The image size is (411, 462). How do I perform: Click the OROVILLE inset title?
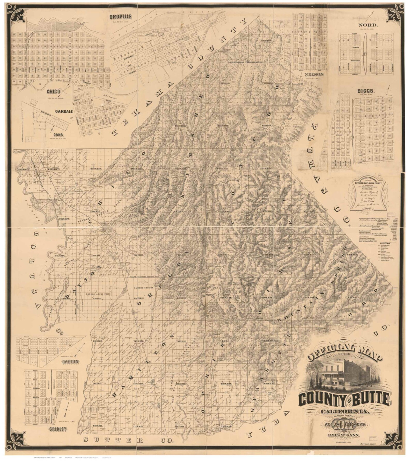pyautogui.click(x=120, y=17)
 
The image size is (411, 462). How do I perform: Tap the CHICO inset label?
pyautogui.click(x=54, y=92)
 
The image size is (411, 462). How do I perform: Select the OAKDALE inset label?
pyautogui.click(x=64, y=111)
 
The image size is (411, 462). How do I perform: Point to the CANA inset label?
pyautogui.click(x=58, y=135)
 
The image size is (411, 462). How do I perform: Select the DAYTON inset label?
pyautogui.click(x=70, y=362)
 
